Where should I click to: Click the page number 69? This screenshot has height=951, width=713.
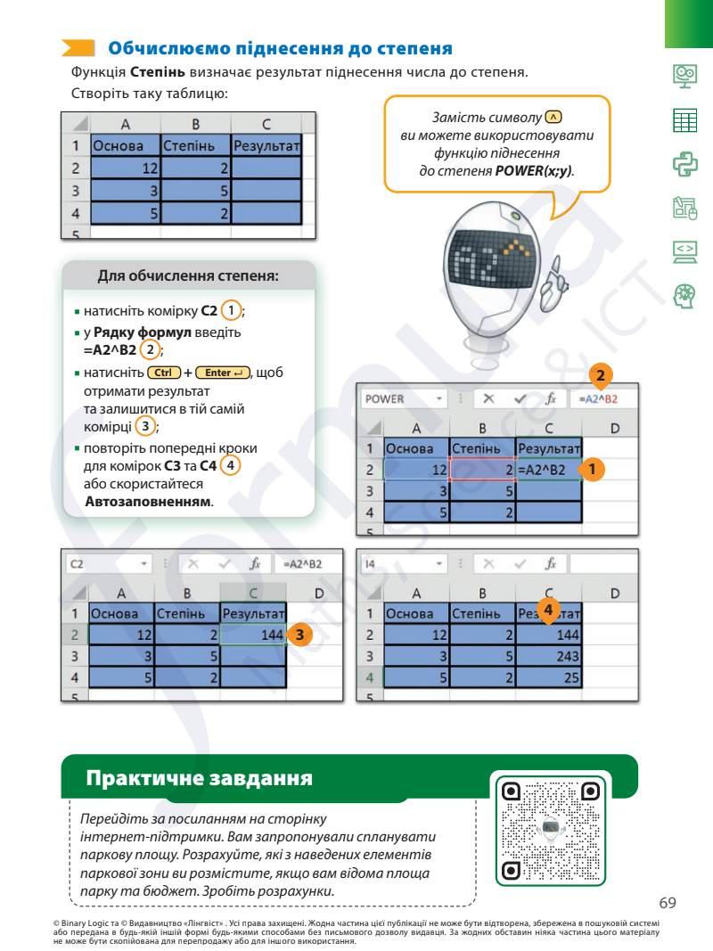coord(668,903)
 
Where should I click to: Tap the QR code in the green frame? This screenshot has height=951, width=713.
coord(550,831)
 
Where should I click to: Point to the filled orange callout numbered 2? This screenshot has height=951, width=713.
coord(601,376)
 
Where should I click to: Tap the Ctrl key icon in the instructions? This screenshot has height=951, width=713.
coord(163,372)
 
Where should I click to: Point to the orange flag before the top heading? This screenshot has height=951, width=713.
coord(78,48)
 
